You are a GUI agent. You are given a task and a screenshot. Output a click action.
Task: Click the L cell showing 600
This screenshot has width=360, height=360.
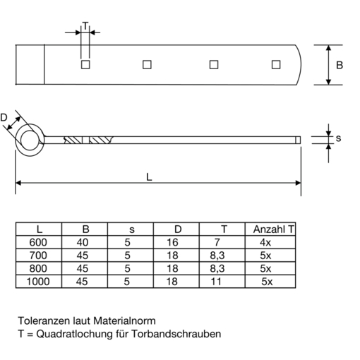(38, 242)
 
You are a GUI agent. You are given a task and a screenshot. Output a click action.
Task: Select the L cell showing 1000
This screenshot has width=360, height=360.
(38, 282)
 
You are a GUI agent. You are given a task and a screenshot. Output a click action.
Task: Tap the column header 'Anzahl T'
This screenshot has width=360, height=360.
(274, 229)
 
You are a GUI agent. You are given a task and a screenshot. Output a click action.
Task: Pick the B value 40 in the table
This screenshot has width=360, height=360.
(83, 242)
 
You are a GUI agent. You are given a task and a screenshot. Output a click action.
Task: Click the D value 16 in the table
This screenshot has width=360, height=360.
(172, 242)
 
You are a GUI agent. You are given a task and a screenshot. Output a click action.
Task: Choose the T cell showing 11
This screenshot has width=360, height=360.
(216, 282)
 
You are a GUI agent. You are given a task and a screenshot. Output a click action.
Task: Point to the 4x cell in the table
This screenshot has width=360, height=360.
(265, 242)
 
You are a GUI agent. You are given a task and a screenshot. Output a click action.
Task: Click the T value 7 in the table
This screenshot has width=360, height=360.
(217, 242)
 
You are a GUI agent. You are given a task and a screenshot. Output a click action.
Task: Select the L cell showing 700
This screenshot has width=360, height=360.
(38, 256)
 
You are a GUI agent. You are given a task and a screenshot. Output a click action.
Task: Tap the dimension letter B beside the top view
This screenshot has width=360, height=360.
(340, 65)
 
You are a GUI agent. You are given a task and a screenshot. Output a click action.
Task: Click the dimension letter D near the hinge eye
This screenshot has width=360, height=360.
(4, 117)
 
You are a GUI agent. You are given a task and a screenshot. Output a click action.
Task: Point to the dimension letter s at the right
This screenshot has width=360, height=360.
(338, 138)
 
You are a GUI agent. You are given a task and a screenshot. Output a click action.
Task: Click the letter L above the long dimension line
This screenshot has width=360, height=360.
(149, 177)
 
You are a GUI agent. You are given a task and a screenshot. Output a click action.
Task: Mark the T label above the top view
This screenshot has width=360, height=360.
(85, 25)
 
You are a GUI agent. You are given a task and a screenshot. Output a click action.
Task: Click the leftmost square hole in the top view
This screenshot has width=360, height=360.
(85, 65)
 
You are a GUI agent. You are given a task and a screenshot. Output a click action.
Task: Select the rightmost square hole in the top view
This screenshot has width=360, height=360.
(276, 65)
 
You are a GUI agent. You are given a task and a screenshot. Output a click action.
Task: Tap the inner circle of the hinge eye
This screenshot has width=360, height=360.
(21, 140)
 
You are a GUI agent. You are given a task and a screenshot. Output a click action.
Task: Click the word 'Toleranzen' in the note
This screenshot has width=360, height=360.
(44, 320)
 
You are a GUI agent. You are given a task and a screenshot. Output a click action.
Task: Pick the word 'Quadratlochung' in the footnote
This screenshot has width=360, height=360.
(74, 334)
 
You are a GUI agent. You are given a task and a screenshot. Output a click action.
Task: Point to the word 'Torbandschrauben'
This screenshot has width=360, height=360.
(176, 334)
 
